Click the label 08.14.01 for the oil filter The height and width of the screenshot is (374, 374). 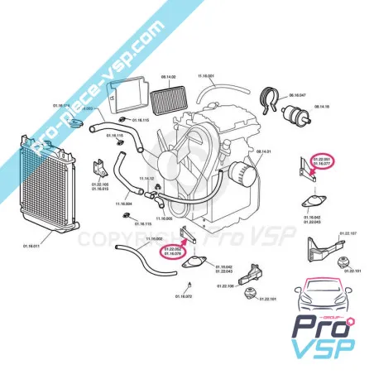(x=264, y=152)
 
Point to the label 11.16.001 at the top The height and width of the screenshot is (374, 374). (x=206, y=76)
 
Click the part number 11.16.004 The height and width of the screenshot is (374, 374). (x=123, y=203)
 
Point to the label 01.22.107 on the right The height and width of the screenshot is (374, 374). (x=348, y=234)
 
